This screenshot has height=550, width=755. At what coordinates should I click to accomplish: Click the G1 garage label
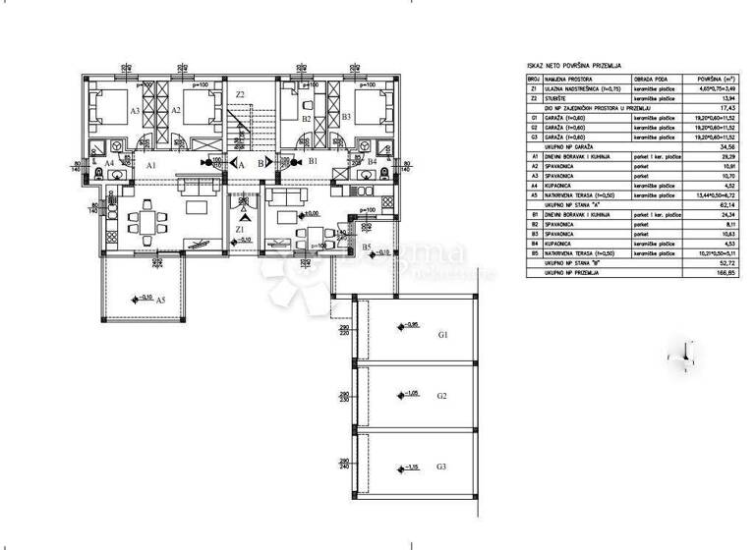tap(442, 335)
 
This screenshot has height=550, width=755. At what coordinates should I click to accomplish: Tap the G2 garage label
tap(442, 396)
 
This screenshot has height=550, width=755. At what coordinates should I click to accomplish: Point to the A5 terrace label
tap(159, 299)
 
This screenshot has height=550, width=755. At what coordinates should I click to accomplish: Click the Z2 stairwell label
tap(240, 95)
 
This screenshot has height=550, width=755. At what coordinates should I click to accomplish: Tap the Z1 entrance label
tap(241, 229)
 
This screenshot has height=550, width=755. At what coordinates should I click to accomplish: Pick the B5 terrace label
tap(366, 247)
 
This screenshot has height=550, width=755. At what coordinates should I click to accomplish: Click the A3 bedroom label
tap(135, 111)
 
